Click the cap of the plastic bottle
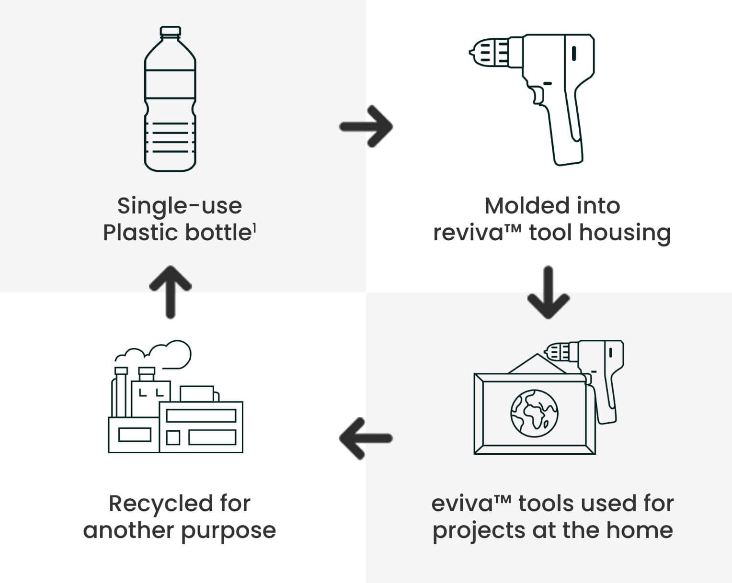tap(170, 32)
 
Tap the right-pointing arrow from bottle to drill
tap(366, 126)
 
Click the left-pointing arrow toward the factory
tap(366, 437)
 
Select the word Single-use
tap(180, 206)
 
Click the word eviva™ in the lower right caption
tap(472, 504)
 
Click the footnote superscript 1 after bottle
tap(254, 228)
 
